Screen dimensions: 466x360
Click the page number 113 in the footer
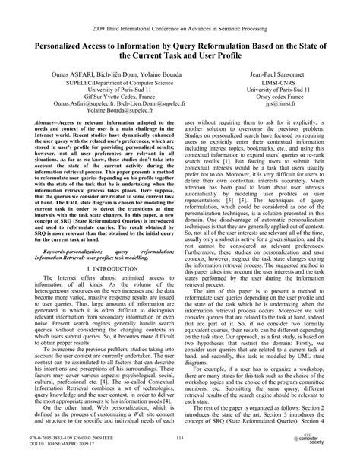180,439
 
